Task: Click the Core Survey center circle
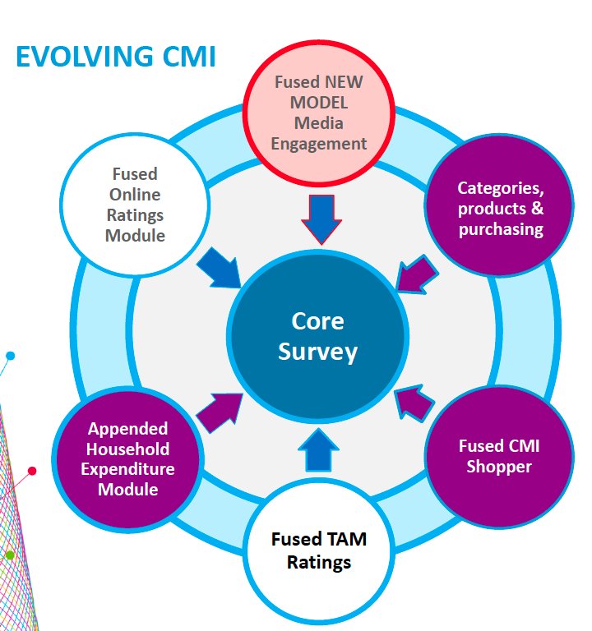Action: click(317, 336)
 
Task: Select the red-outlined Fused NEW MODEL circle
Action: click(318, 113)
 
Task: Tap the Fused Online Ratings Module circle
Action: click(135, 205)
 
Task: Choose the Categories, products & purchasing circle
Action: click(500, 205)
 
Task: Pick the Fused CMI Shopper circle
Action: click(499, 457)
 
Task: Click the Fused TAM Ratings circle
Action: click(319, 551)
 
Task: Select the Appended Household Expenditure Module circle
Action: click(127, 459)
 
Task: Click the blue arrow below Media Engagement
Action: click(321, 219)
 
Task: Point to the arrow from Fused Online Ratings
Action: click(219, 268)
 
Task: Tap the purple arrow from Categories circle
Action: click(416, 274)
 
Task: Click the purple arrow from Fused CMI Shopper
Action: click(414, 403)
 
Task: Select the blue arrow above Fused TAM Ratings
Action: click(318, 449)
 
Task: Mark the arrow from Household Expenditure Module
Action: click(220, 413)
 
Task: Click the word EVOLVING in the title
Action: click(85, 57)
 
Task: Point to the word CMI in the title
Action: click(189, 57)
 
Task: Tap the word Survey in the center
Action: click(317, 352)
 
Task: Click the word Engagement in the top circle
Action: click(318, 144)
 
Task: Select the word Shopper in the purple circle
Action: click(499, 467)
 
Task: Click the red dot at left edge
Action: click(32, 471)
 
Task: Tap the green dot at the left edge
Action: click(10, 555)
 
